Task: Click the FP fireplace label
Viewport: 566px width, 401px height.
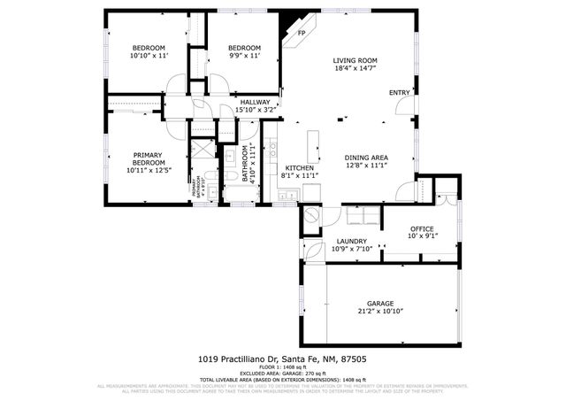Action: coord(302,33)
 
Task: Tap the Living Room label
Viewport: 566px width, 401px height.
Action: coord(354,61)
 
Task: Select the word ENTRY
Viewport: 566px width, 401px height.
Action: coord(399,93)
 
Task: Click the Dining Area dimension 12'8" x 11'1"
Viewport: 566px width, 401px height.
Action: coord(366,166)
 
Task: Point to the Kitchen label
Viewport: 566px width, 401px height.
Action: coord(299,167)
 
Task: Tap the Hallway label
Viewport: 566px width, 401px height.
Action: coord(256,102)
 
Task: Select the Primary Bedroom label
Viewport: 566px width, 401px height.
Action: coord(149,158)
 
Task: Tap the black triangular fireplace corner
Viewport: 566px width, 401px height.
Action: coord(288,27)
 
